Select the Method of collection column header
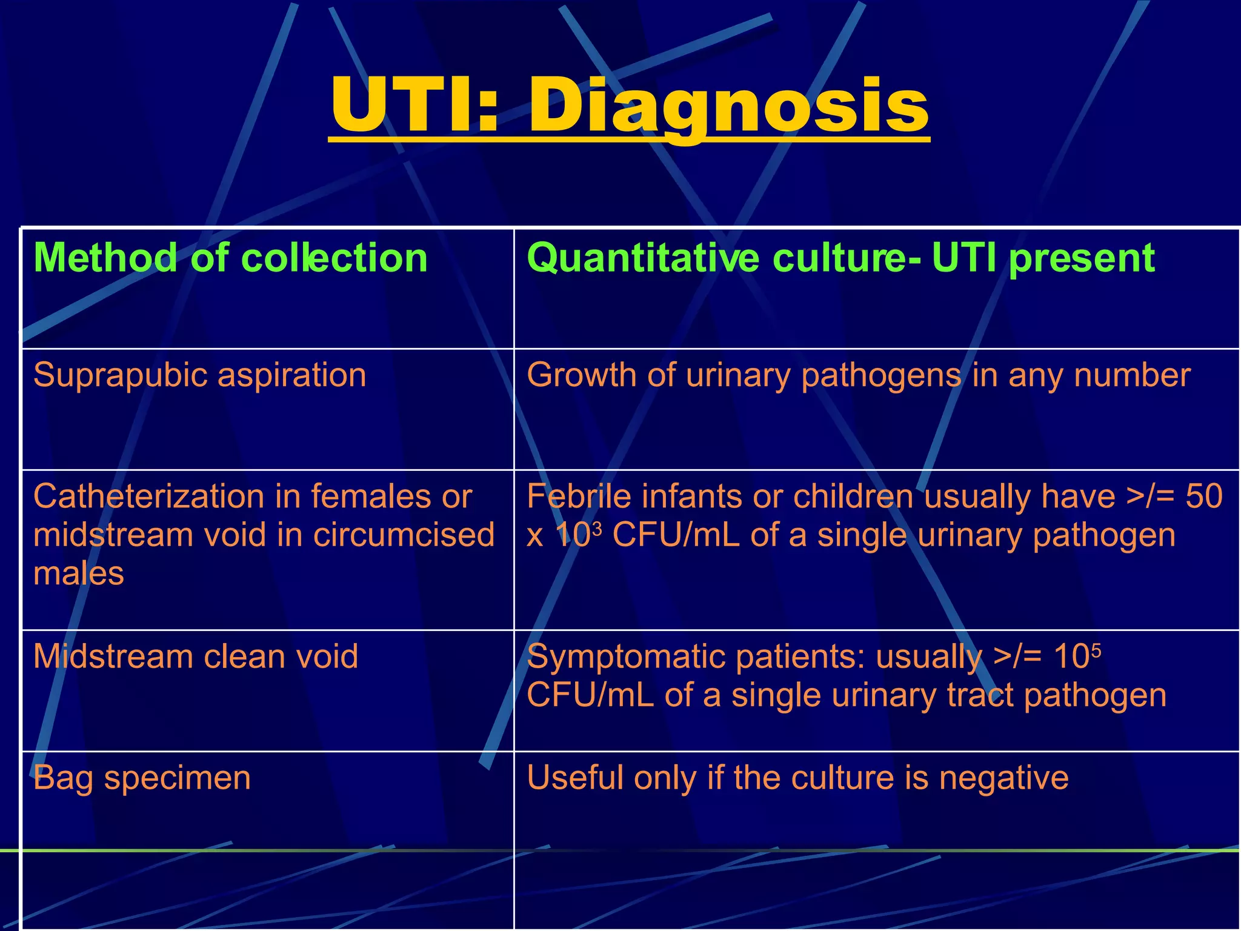tap(230, 258)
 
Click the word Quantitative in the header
tap(642, 258)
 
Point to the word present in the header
tap(1082, 258)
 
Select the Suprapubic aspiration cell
tap(199, 375)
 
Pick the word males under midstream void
tap(79, 573)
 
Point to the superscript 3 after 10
tap(596, 528)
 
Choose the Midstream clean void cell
tap(196, 656)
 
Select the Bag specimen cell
tap(142, 778)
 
